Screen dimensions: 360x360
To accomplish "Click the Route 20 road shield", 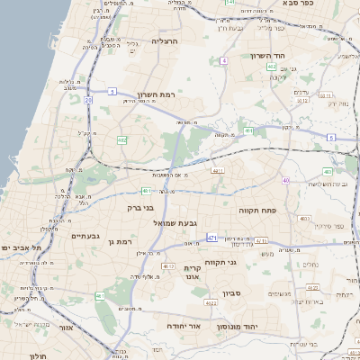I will (88, 101).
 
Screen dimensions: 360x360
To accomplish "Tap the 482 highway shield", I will (121, 139).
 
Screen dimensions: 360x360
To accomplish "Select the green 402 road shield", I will (247, 130).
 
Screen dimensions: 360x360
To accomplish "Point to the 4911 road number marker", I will (217, 169).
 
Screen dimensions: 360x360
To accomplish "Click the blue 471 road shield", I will (211, 238).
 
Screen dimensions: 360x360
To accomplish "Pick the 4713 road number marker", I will (261, 240).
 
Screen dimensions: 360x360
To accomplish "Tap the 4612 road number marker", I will (168, 266).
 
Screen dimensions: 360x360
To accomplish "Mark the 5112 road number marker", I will (301, 101).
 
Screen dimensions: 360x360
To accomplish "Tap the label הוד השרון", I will (268, 56).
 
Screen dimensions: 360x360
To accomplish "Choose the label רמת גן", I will (117, 241).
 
